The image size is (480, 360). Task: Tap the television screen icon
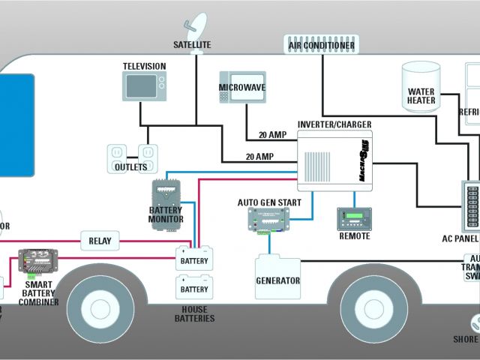click(143, 86)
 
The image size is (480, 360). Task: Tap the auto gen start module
click(268, 219)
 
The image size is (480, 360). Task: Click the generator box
click(277, 278)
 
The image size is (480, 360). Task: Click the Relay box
click(100, 241)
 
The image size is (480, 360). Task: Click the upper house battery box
click(194, 259)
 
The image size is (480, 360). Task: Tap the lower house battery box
click(194, 288)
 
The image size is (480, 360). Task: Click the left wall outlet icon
click(117, 152)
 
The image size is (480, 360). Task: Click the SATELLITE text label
click(192, 45)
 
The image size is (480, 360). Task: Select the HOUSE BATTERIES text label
click(193, 313)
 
